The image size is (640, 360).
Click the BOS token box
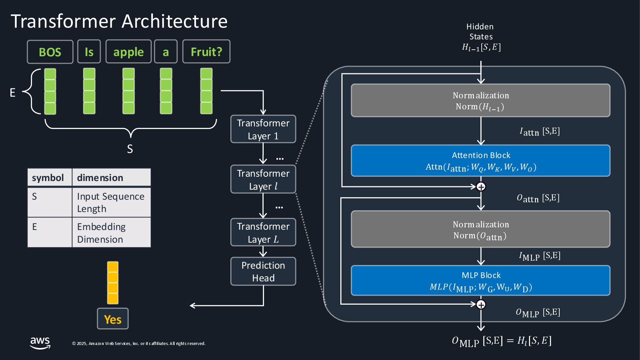click(x=50, y=52)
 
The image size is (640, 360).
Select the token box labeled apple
click(x=128, y=52)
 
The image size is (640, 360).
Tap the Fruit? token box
click(x=206, y=52)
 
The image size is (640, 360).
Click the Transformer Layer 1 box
click(x=263, y=129)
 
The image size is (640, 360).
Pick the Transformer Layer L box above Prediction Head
click(x=263, y=233)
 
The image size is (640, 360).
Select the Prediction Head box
click(x=263, y=271)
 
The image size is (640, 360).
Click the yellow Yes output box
click(x=113, y=319)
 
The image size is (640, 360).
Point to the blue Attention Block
click(x=481, y=161)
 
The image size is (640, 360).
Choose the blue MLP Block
click(x=481, y=281)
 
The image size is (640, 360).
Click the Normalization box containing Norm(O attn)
click(x=481, y=229)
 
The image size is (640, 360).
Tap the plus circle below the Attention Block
click(x=481, y=187)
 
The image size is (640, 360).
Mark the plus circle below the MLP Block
click(x=481, y=304)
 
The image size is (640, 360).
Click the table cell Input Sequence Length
click(x=111, y=202)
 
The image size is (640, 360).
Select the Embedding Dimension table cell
click(x=111, y=233)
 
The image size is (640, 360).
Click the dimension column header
click(x=111, y=178)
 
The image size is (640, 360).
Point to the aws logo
click(x=40, y=343)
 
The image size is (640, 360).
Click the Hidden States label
click(x=480, y=32)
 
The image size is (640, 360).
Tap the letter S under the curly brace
click(x=130, y=149)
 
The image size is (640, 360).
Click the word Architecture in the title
click(x=174, y=21)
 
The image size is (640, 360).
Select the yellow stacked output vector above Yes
click(x=113, y=283)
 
